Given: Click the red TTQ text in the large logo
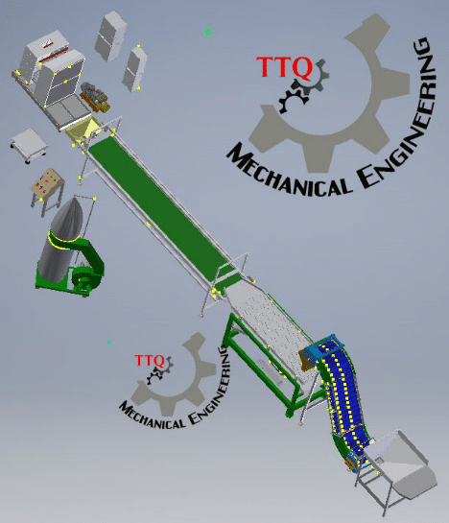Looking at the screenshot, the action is [x=284, y=67].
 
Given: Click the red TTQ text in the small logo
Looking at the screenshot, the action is [x=150, y=361].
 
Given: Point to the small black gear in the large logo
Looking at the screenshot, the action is [x=293, y=99].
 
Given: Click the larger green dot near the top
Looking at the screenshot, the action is [x=208, y=32].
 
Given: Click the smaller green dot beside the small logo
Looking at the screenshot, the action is [x=109, y=342].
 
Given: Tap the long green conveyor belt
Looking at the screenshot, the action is [x=163, y=213].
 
